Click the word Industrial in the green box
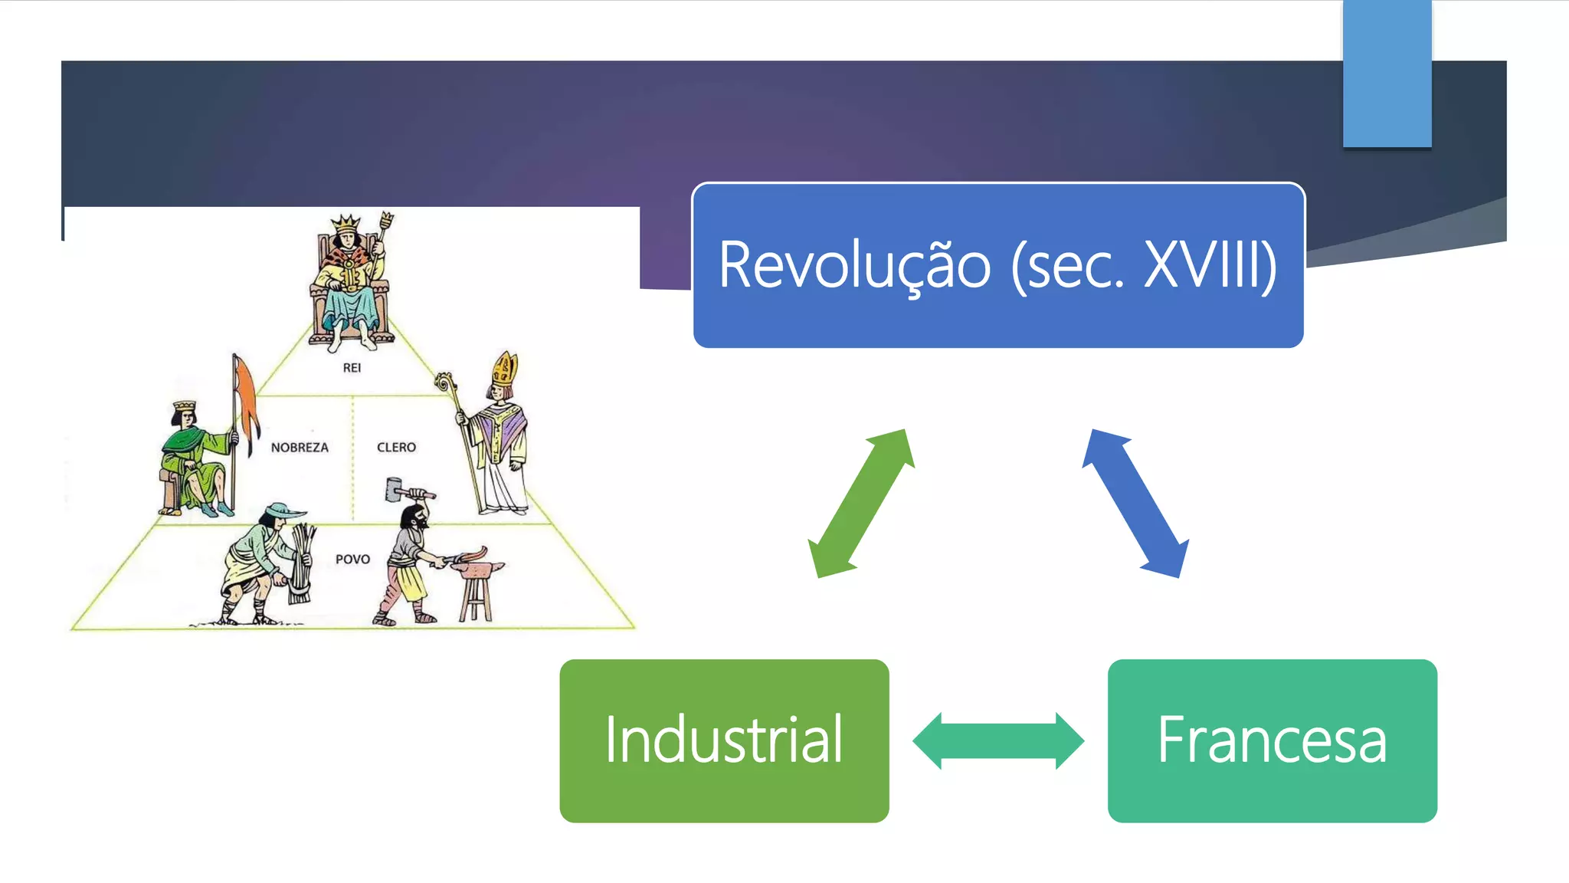724,740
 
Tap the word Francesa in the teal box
1272,740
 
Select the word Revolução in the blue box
854,265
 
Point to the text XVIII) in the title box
1210,265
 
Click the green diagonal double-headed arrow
862,504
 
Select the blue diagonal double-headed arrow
1135,504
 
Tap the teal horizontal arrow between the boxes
998,740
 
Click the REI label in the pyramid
352,368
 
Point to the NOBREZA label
300,448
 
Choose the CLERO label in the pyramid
396,448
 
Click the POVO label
352,560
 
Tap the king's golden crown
346,224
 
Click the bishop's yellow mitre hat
505,369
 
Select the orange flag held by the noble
246,399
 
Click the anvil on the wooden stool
477,570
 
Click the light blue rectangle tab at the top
1387,73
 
